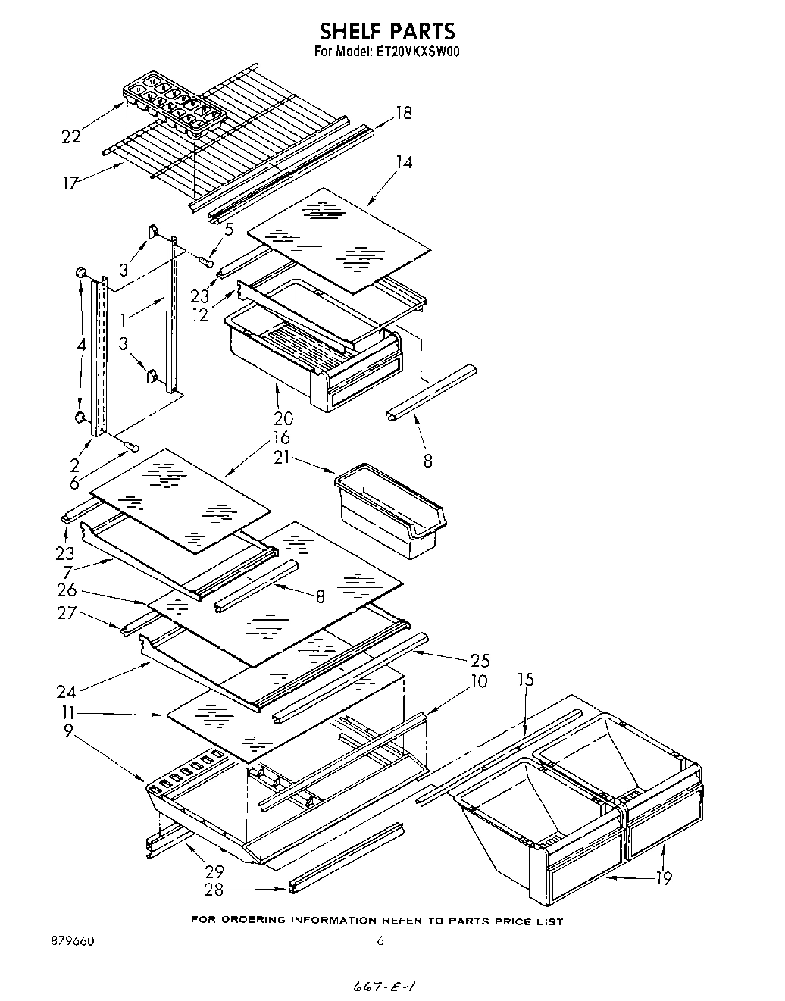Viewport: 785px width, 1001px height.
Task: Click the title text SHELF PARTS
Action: point(386,31)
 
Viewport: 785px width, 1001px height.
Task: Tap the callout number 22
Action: point(71,136)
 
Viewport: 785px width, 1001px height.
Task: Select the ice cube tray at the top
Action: point(176,106)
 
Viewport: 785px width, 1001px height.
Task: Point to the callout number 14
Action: point(404,161)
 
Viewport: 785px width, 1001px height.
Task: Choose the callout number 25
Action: point(480,660)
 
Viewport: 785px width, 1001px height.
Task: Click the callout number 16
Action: point(280,437)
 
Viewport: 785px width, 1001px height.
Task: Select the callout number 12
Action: point(200,314)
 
